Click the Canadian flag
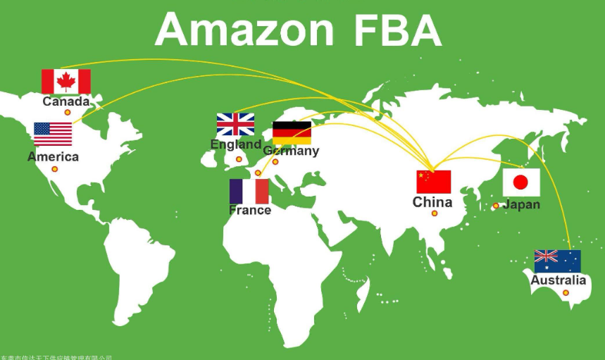(66, 82)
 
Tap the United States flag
(53, 134)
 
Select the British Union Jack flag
(235, 125)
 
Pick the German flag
(292, 132)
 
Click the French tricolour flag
(249, 192)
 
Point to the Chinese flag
(433, 182)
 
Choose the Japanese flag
(520, 182)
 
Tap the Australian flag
(557, 261)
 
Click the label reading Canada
(66, 101)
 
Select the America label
(53, 156)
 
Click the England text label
(236, 144)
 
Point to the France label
(250, 210)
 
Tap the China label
(432, 202)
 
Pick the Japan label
(522, 204)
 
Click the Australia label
(558, 280)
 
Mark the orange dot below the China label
(435, 213)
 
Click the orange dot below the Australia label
(566, 292)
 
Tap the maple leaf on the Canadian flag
(66, 82)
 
